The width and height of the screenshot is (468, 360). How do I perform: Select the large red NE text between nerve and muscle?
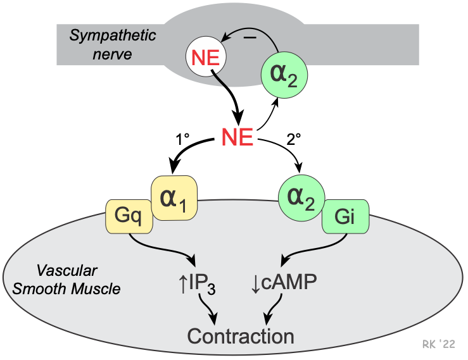click(x=237, y=137)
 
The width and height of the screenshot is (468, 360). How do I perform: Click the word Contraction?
click(x=240, y=335)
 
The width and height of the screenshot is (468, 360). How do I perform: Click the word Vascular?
click(x=66, y=271)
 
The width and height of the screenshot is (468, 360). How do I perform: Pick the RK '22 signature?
click(x=438, y=344)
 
